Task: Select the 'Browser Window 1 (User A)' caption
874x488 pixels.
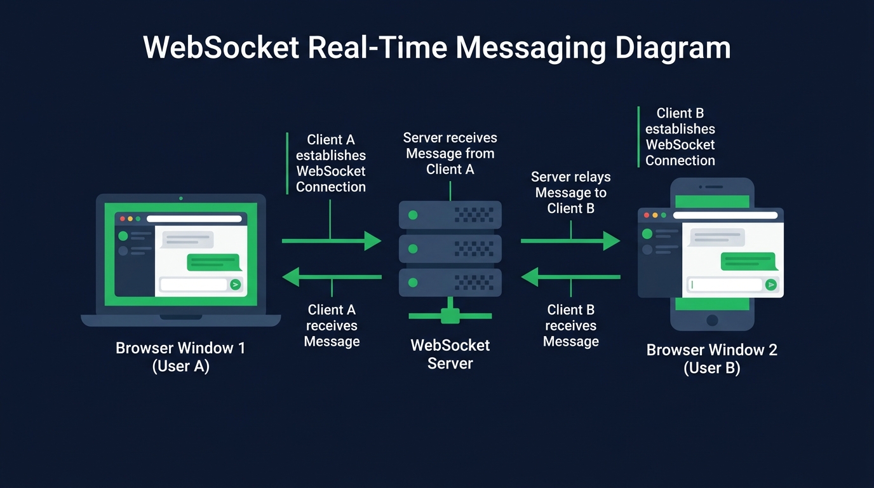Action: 180,357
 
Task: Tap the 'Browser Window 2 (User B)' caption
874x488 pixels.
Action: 711,359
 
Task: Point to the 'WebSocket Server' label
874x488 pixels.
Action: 450,355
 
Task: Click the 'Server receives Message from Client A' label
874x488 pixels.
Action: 450,154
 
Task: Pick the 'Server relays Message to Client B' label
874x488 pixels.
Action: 570,193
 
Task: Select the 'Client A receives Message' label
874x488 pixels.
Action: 332,325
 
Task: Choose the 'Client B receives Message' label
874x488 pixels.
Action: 570,325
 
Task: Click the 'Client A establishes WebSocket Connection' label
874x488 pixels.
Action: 330,163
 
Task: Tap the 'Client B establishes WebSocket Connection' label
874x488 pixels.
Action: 680,137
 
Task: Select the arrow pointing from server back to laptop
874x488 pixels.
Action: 332,277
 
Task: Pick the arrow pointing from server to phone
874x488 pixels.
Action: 570,241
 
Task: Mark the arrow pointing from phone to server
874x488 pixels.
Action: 570,277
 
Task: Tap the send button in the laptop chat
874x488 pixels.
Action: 235,285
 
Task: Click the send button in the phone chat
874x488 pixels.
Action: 770,285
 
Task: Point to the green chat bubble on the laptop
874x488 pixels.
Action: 213,262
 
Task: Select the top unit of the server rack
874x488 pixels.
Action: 450,215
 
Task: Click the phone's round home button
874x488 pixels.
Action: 712,320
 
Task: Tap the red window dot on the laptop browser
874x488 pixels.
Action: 123,219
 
